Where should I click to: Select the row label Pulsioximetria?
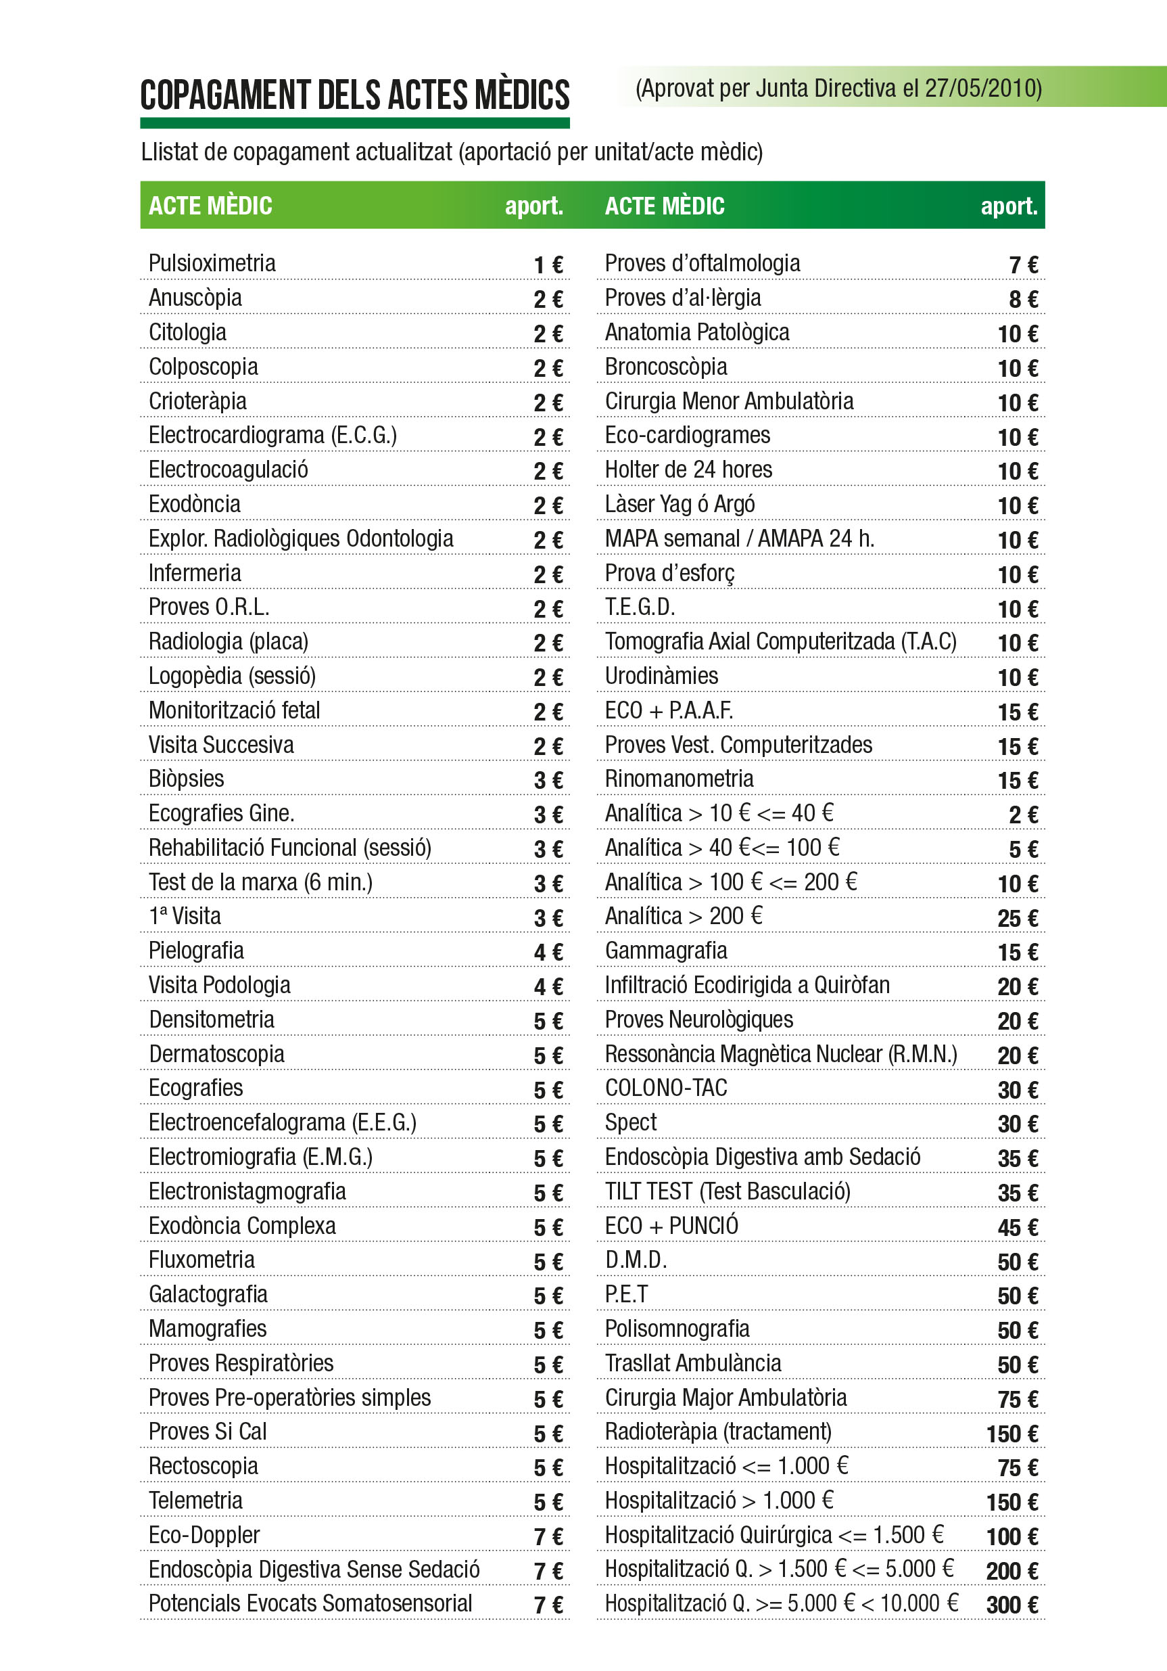(x=212, y=262)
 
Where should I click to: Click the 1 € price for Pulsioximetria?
(x=548, y=265)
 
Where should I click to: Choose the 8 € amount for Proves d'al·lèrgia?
(x=1023, y=299)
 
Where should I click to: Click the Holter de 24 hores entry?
(x=688, y=470)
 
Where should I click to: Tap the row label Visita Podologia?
(x=219, y=985)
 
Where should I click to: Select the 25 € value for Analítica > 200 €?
(x=1017, y=919)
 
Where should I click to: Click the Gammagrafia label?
(x=666, y=951)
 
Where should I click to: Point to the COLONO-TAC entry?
(x=666, y=1088)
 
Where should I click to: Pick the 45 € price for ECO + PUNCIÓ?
(x=1017, y=1228)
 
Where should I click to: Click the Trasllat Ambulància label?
(x=692, y=1363)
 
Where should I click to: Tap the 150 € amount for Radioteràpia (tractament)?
(x=1012, y=1434)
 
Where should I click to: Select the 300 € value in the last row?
(x=1012, y=1605)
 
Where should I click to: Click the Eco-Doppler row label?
(x=204, y=1535)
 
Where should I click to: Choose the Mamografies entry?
(x=208, y=1328)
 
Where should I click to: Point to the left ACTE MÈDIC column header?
(x=210, y=206)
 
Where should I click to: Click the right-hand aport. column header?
(x=1008, y=206)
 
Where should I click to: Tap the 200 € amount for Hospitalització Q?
(x=1012, y=1572)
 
